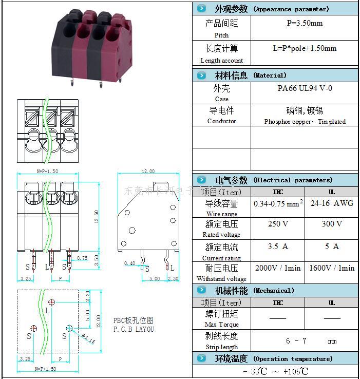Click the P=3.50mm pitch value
305,24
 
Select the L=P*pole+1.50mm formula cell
305,49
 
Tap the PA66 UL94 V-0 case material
305,88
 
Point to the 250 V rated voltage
277,224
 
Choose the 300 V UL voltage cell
331,224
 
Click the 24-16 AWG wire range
331,203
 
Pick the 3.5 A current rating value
277,247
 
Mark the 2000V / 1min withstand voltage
277,268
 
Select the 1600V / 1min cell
331,268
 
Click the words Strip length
221,347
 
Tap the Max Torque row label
221,325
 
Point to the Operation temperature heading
293,359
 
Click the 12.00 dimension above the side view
147,172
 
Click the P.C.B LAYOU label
134,329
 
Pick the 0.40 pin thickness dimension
129,263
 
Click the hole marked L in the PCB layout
51,301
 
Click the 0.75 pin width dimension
82,258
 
